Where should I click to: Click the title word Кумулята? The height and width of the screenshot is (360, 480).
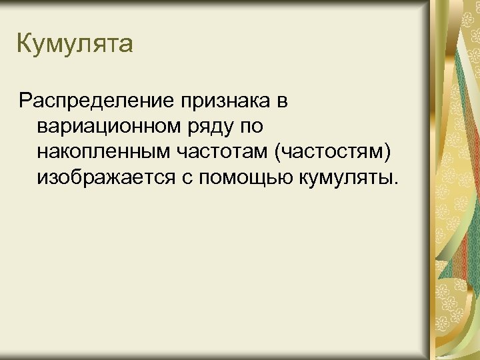(x=75, y=45)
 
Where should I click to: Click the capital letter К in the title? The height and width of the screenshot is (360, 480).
(x=24, y=44)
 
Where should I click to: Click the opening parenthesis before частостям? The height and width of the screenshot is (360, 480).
(x=277, y=153)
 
